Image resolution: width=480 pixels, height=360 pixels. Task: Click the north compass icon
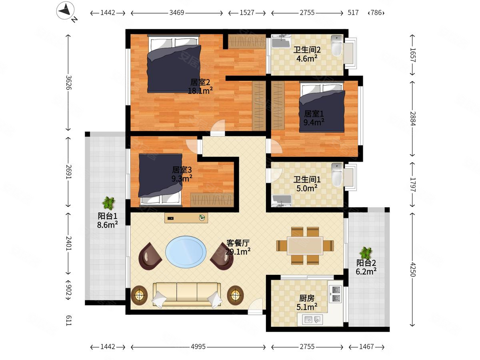(65, 11)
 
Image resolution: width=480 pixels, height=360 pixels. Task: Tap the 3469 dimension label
(177, 13)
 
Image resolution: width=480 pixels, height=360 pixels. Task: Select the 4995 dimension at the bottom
(198, 347)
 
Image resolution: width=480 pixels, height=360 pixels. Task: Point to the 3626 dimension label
(69, 83)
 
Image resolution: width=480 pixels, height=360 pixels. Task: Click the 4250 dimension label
(412, 269)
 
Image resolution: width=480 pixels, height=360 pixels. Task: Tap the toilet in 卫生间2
(336, 46)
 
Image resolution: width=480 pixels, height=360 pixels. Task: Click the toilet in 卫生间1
(337, 175)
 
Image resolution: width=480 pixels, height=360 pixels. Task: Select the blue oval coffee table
(186, 252)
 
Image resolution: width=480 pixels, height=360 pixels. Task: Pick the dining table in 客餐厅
(305, 246)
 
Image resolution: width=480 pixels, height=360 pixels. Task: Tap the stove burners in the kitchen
(335, 294)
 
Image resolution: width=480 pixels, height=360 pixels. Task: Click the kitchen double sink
(312, 320)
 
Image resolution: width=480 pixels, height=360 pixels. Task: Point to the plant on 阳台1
(108, 203)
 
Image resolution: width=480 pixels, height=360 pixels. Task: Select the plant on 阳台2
(366, 253)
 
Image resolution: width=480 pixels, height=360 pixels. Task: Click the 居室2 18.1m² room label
(200, 86)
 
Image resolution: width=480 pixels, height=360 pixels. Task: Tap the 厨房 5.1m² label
(307, 303)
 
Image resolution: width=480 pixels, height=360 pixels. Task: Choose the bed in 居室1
(322, 107)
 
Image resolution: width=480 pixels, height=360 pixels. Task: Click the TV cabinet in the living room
(186, 218)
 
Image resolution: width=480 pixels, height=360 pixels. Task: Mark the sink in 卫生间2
(282, 41)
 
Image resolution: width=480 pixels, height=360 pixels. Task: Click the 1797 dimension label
(412, 184)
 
